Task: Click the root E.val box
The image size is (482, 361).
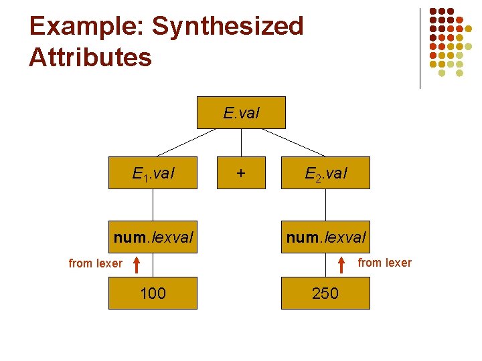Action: [241, 113]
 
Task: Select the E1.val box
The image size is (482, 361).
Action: [153, 173]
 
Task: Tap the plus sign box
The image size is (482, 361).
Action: [241, 173]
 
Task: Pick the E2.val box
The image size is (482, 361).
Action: [325, 173]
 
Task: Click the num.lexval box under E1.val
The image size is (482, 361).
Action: [153, 237]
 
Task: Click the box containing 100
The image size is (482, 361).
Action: [153, 293]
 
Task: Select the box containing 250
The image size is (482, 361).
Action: [325, 293]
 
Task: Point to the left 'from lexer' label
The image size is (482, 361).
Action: [96, 263]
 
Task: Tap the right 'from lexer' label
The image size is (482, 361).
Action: [385, 263]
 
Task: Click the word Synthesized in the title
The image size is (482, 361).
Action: [228, 27]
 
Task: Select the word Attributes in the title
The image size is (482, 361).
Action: [90, 57]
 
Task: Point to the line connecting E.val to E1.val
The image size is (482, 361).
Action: [187, 142]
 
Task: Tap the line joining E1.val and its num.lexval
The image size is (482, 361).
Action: [153, 205]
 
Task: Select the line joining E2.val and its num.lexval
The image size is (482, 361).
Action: [325, 205]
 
